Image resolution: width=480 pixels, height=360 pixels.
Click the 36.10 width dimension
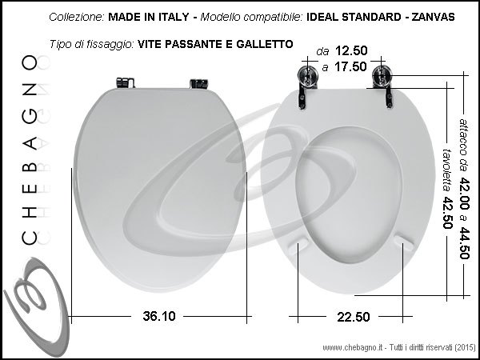click(159, 316)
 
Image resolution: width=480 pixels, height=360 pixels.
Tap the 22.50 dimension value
click(354, 317)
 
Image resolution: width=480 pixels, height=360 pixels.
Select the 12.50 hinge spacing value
click(351, 50)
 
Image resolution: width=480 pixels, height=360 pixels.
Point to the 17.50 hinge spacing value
click(350, 66)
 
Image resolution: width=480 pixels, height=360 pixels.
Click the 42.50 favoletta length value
click(447, 213)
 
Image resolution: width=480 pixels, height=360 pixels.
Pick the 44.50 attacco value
click(464, 242)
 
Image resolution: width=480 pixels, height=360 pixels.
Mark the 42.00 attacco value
click(464, 193)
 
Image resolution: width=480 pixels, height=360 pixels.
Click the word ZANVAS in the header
click(433, 17)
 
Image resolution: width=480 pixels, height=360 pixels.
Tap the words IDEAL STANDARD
click(354, 17)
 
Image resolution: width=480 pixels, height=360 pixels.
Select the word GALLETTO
click(265, 44)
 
